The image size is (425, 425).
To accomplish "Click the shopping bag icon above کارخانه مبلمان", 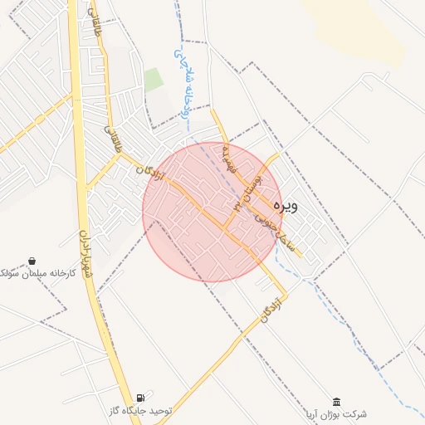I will (32, 260).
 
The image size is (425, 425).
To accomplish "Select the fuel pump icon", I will (141, 397).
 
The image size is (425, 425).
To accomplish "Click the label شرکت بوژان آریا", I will (336, 413).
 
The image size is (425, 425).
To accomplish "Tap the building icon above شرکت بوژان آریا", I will (336, 400).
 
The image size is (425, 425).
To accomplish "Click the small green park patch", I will (154, 81).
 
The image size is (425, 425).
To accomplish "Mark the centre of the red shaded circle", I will (212, 212).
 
